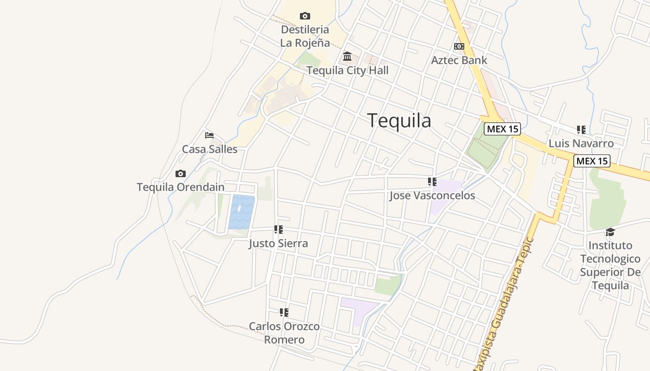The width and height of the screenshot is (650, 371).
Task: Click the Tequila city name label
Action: pyautogui.click(x=399, y=121)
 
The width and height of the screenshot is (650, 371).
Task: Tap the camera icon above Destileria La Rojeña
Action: pyautogui.click(x=305, y=16)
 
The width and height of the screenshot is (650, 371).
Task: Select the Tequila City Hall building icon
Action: pyautogui.click(x=347, y=57)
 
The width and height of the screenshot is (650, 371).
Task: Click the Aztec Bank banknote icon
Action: pyautogui.click(x=459, y=46)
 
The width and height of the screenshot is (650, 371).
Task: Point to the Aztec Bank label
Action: pyautogui.click(x=459, y=60)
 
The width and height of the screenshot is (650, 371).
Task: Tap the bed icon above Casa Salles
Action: pyautogui.click(x=209, y=135)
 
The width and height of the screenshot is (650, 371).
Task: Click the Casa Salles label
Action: pyautogui.click(x=209, y=149)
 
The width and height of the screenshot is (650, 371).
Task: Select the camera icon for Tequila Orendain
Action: pyautogui.click(x=181, y=174)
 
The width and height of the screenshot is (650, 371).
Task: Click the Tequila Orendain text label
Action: pyautogui.click(x=181, y=187)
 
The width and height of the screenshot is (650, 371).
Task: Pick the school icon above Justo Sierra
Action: pyautogui.click(x=278, y=230)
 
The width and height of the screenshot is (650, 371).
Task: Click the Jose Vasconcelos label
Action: pyautogui.click(x=432, y=196)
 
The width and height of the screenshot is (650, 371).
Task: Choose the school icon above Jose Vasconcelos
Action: pyautogui.click(x=432, y=182)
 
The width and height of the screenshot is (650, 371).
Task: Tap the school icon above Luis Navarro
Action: pyautogui.click(x=581, y=129)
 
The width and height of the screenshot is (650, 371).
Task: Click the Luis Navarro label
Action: pyautogui.click(x=581, y=143)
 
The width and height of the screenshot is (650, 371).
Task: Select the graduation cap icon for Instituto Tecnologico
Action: pyautogui.click(x=610, y=232)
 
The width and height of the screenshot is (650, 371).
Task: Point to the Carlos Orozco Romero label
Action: pyautogui.click(x=284, y=333)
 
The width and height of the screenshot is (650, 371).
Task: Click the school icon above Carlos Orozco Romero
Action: pyautogui.click(x=284, y=313)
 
